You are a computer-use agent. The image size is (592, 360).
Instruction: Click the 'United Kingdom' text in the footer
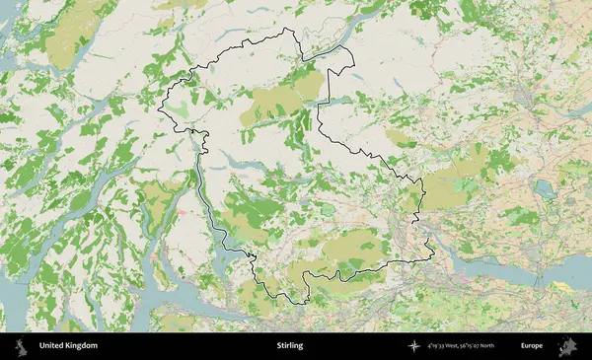point(68,346)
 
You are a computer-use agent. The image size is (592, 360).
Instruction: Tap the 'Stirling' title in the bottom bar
point(290,346)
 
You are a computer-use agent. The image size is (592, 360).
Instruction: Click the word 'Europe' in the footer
point(532,346)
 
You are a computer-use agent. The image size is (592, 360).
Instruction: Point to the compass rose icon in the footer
point(413,346)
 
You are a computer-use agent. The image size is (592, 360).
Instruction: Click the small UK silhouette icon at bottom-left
point(20,346)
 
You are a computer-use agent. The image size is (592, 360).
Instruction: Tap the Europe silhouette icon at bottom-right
point(567,346)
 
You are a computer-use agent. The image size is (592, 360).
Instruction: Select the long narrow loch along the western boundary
point(207,197)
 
